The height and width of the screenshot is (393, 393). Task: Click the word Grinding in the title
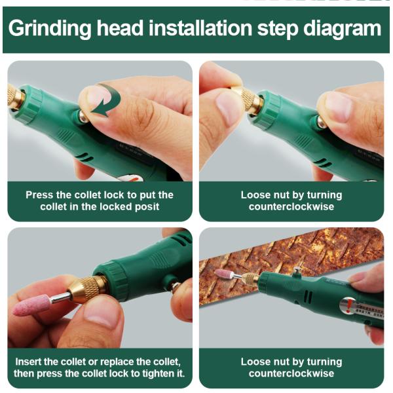click(x=50, y=29)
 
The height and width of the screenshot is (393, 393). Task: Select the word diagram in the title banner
click(x=343, y=29)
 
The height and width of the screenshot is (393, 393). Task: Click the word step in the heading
click(x=278, y=29)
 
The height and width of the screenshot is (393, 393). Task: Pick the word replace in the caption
click(x=117, y=362)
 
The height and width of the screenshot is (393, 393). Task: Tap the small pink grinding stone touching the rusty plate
click(x=223, y=274)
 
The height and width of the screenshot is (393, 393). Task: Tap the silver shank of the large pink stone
click(x=61, y=298)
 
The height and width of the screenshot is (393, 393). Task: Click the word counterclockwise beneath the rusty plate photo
click(x=291, y=373)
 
